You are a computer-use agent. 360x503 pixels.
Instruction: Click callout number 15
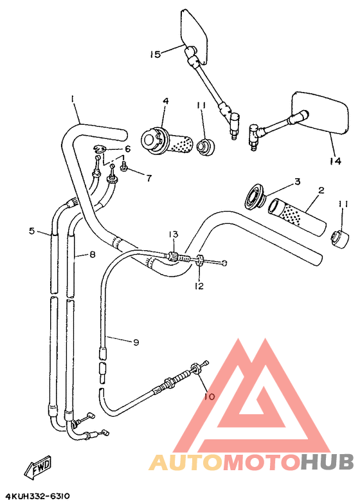pyautogui.click(x=155, y=55)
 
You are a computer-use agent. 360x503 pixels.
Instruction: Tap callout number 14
pyautogui.click(x=334, y=161)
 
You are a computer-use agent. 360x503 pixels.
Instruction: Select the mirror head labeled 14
pyautogui.click(x=319, y=113)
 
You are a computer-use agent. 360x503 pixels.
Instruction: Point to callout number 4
pyautogui.click(x=165, y=102)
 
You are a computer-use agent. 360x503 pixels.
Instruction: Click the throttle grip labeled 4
pyautogui.click(x=167, y=142)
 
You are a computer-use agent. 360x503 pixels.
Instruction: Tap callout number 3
pyautogui.click(x=297, y=182)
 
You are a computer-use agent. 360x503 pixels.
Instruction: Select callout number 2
pyautogui.click(x=321, y=191)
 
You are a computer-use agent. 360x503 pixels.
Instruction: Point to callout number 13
pyautogui.click(x=173, y=234)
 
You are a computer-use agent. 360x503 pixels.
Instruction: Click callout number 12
pyautogui.click(x=199, y=286)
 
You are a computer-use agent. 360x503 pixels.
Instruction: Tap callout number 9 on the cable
pyautogui.click(x=136, y=343)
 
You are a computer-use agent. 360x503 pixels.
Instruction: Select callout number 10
pyautogui.click(x=209, y=397)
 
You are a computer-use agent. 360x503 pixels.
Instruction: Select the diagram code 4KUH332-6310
pyautogui.click(x=37, y=496)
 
